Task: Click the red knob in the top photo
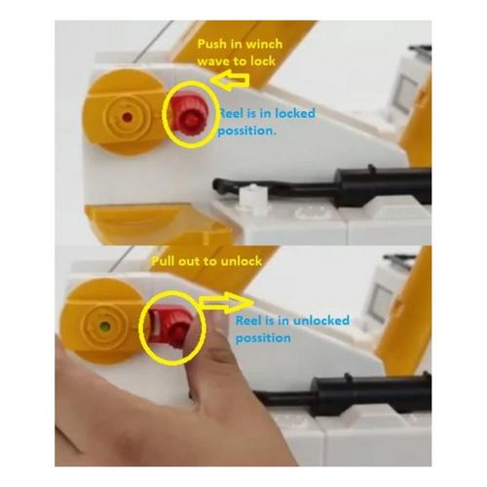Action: point(187,115)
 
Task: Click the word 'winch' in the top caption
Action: point(262,44)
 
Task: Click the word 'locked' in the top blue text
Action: point(295,113)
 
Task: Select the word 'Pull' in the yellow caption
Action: point(163,261)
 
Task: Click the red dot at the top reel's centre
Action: point(127,116)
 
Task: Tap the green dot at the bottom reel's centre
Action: point(104,326)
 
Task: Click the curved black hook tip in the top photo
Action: point(218,185)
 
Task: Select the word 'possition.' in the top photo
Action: point(247,131)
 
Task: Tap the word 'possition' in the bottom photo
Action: point(263,338)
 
